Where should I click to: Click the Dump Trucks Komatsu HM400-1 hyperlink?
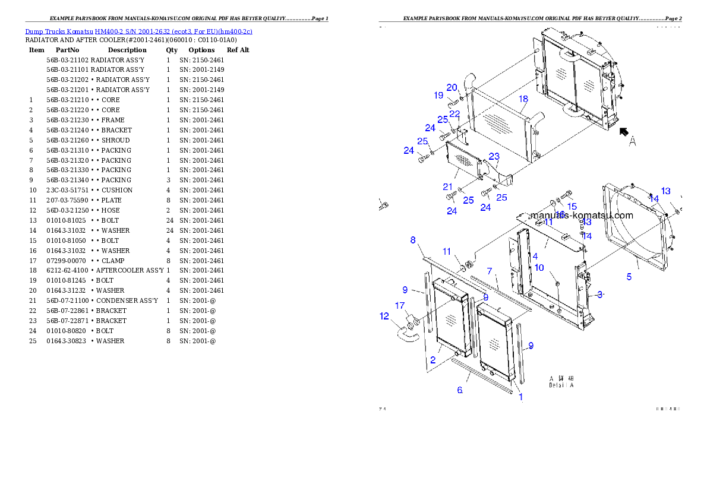click(x=138, y=31)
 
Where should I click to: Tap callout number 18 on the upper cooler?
click(x=523, y=99)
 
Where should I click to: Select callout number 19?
click(x=438, y=95)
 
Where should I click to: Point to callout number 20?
click(x=452, y=87)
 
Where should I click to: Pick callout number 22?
click(x=454, y=114)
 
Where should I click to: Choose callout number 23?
click(x=494, y=156)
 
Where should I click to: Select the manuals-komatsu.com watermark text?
click(x=581, y=216)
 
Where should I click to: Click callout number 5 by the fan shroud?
click(x=629, y=276)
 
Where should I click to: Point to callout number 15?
click(x=572, y=207)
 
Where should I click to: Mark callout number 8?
click(x=412, y=240)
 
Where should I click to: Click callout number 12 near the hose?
click(x=384, y=317)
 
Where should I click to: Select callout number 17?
click(x=400, y=306)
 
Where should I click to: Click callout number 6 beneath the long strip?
click(x=459, y=390)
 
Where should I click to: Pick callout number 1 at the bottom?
click(x=521, y=397)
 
